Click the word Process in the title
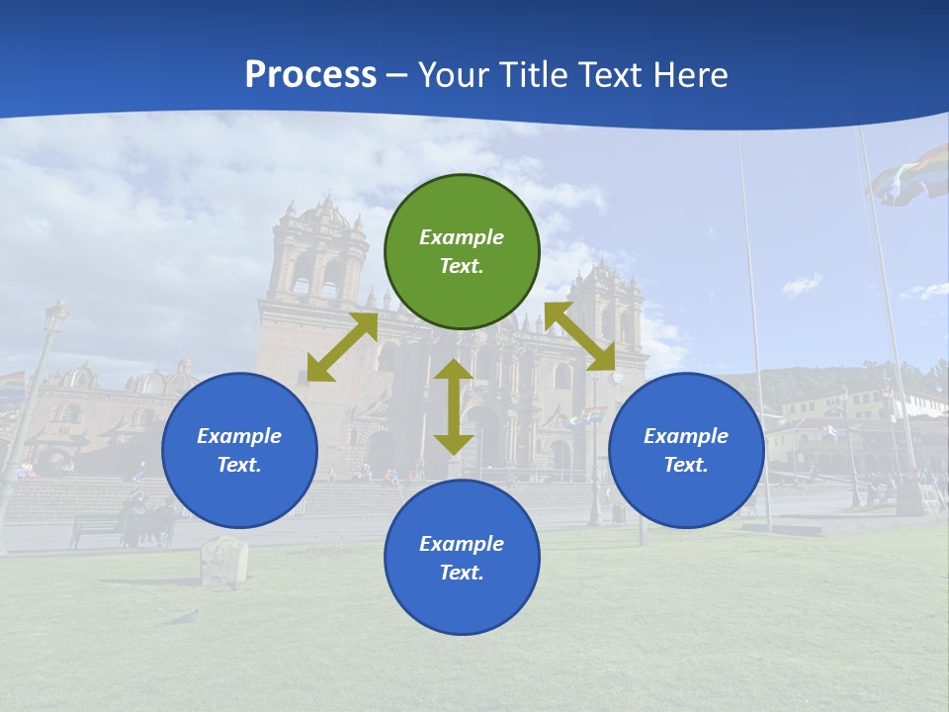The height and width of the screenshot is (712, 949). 310,75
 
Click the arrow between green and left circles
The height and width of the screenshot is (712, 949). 342,347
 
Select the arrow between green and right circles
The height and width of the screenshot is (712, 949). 580,336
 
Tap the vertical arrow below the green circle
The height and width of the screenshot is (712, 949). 454,406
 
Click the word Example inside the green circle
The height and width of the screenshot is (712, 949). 462,237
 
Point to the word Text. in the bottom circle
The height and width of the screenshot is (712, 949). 462,573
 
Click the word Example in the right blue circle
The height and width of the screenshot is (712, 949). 686,436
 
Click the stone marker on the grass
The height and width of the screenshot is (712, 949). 224,562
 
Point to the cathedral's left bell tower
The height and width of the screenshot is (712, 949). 318,252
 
